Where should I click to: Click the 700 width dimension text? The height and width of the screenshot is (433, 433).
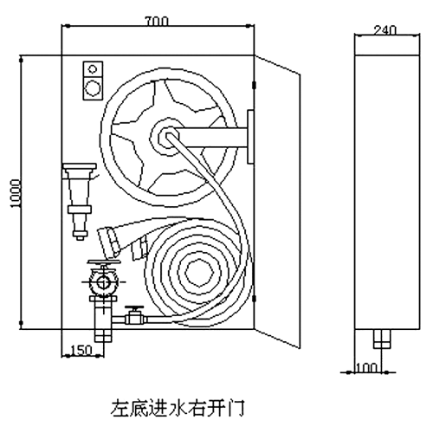[156, 22]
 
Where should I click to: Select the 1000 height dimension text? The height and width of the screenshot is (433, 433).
[15, 193]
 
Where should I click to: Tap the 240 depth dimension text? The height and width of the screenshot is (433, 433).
[385, 30]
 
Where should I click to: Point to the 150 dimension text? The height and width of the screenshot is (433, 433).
[81, 350]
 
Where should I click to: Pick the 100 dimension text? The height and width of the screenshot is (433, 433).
[366, 368]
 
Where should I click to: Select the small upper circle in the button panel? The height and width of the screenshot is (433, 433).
[93, 68]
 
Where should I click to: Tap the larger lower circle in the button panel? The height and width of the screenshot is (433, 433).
[93, 87]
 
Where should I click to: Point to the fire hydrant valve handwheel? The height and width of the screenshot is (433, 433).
[104, 262]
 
